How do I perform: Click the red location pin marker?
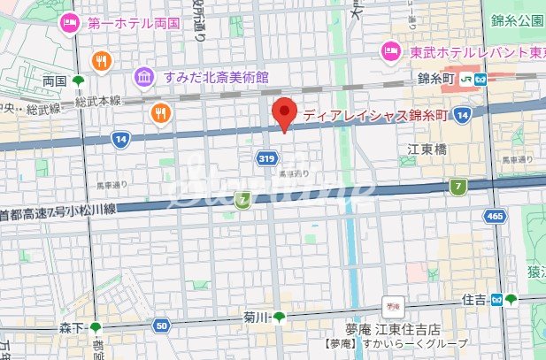click(283, 114)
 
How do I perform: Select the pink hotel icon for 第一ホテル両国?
click(68, 25)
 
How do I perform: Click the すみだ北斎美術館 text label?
click(216, 77)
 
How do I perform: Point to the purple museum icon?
click(142, 77)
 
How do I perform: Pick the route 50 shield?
click(161, 326)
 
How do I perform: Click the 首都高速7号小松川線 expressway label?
click(58, 213)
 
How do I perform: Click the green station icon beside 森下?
click(96, 328)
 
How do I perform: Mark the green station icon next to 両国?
click(78, 81)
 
